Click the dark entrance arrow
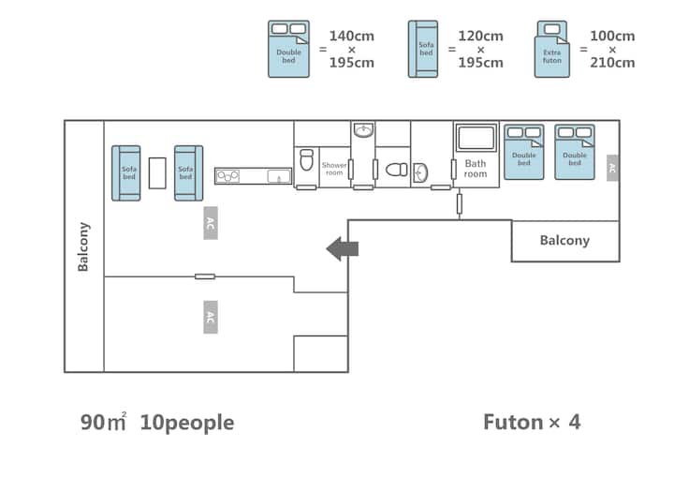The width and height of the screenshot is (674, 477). (343, 248)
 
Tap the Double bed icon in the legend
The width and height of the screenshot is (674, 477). (288, 49)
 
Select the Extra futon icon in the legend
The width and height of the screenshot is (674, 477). (552, 49)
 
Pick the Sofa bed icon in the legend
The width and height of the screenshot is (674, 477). (423, 49)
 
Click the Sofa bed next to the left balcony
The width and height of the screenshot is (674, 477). (126, 173)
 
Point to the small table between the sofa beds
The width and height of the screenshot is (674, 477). (157, 173)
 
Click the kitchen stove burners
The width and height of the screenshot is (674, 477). (227, 176)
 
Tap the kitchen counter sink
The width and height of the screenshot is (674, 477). (279, 176)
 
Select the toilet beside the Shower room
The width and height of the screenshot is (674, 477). (306, 160)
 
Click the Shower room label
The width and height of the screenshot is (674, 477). (334, 169)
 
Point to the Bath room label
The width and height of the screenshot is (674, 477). (476, 169)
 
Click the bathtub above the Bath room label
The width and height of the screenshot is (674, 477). (476, 138)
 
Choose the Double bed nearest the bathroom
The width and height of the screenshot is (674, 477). (524, 152)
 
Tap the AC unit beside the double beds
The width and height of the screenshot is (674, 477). (612, 168)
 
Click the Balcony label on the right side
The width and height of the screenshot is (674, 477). (564, 240)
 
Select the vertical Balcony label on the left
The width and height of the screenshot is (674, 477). (83, 246)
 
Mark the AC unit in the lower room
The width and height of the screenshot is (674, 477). (211, 318)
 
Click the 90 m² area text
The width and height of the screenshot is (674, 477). (103, 422)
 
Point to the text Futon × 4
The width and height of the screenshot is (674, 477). (532, 422)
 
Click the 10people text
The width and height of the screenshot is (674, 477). (187, 423)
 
